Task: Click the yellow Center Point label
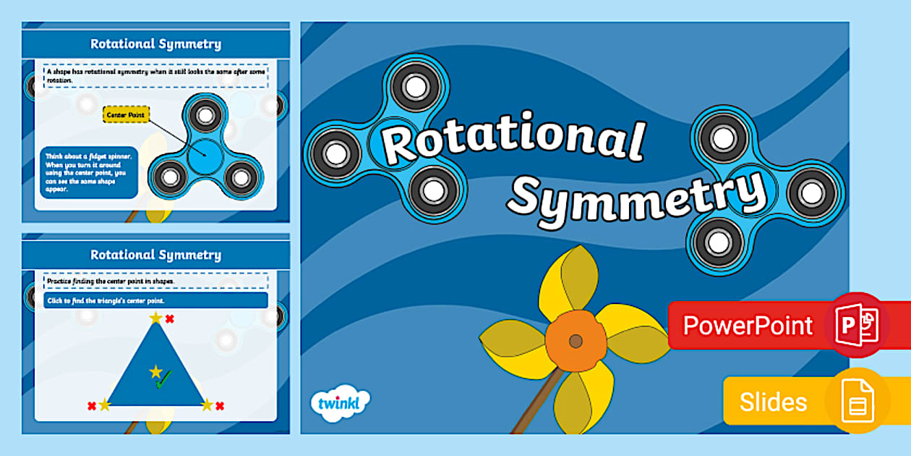(x=126, y=115)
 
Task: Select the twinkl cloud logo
(x=339, y=402)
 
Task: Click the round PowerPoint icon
(x=857, y=325)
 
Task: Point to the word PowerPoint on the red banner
(x=748, y=326)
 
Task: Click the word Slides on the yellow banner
(x=773, y=402)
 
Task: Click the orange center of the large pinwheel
(x=576, y=341)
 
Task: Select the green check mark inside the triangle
(x=164, y=379)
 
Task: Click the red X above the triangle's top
(x=170, y=318)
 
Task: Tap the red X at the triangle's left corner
(x=92, y=406)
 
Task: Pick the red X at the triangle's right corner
(x=220, y=406)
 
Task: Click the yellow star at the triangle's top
(x=156, y=318)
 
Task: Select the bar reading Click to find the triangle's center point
(x=155, y=300)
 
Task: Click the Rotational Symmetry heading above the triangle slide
(x=155, y=255)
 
